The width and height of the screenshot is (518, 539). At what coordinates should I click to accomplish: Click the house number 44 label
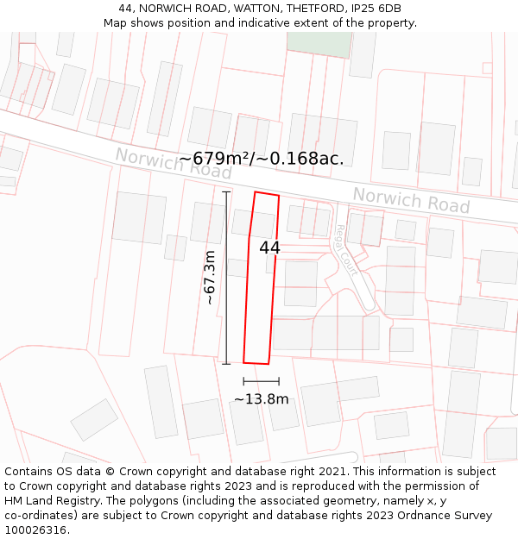click(269, 248)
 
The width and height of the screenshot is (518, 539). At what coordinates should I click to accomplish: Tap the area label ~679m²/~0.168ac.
click(262, 159)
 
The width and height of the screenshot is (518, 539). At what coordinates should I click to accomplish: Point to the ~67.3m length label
click(210, 277)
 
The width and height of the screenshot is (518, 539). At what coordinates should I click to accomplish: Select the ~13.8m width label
click(261, 398)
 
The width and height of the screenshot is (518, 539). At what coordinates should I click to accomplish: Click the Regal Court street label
click(347, 245)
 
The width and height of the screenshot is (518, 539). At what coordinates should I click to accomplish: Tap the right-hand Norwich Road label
click(411, 201)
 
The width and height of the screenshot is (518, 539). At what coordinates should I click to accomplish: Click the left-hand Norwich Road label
click(174, 162)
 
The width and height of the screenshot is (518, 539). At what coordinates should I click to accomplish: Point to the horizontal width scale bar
click(261, 380)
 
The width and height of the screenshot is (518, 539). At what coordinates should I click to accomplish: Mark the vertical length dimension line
click(226, 277)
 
